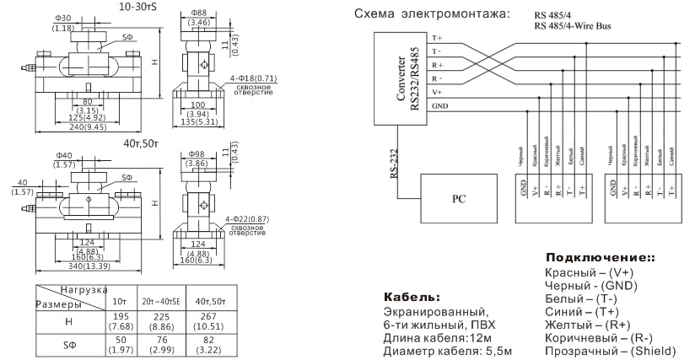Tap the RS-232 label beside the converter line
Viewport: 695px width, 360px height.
(x=394, y=163)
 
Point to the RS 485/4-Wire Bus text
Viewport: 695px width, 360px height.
(x=574, y=26)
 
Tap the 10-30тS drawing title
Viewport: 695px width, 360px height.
(x=140, y=7)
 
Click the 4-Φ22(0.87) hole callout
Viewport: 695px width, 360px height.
(x=257, y=218)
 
